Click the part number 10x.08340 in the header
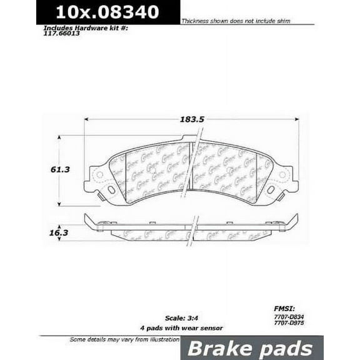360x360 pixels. [x=107, y=12]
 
